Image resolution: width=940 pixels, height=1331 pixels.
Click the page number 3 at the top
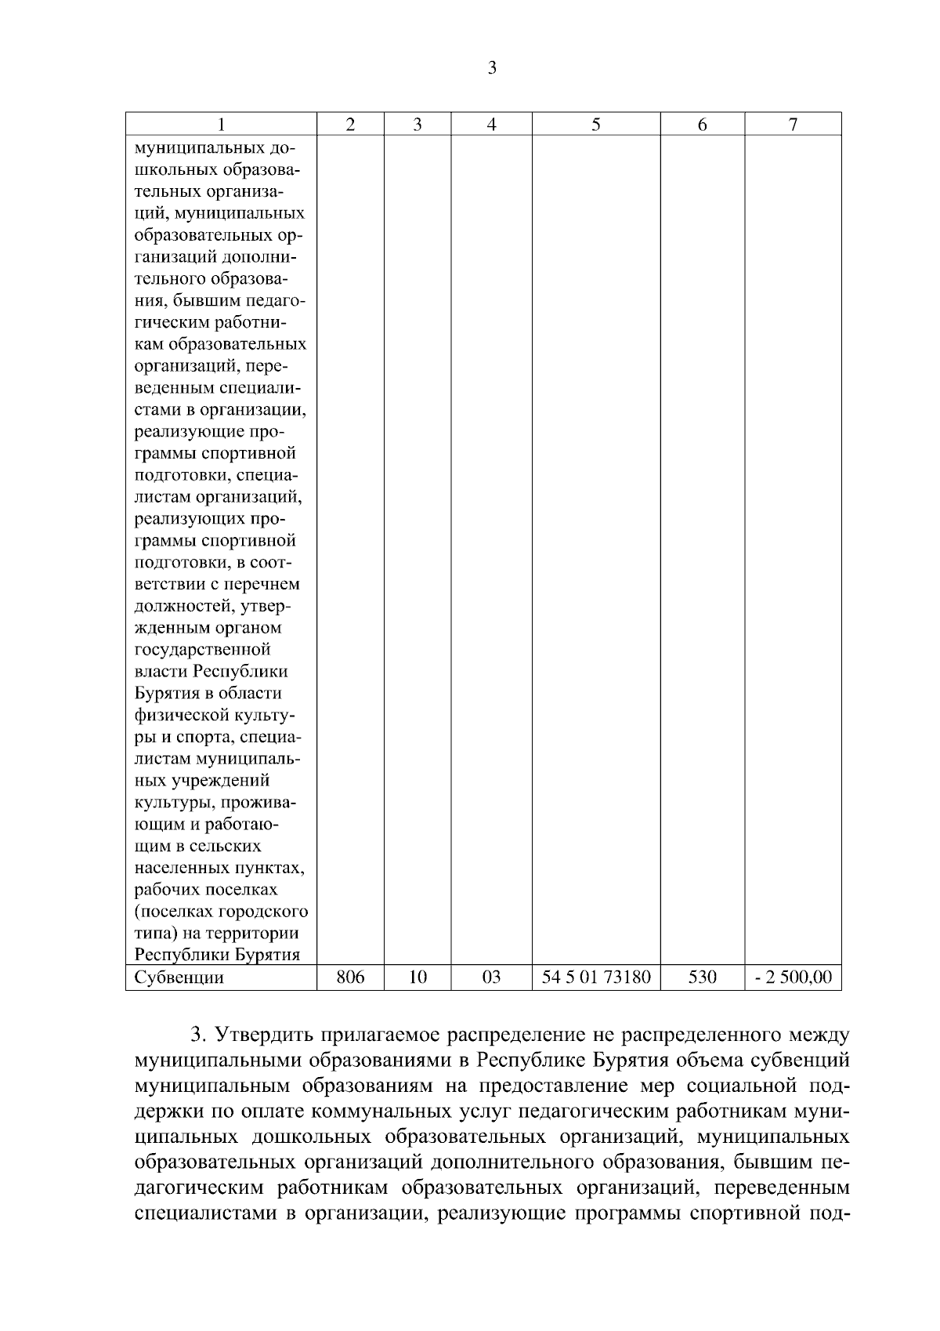tap(491, 68)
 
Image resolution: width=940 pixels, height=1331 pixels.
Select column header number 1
tap(221, 124)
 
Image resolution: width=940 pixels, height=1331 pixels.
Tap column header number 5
tap(596, 124)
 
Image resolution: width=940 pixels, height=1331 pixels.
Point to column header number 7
tap(793, 124)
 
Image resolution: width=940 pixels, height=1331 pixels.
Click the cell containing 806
tap(350, 977)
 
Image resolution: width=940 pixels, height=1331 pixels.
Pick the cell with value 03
tap(491, 977)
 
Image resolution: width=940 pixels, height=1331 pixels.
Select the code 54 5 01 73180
tap(596, 977)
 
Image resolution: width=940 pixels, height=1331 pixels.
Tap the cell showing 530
tap(702, 977)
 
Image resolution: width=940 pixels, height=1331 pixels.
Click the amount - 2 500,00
tap(793, 977)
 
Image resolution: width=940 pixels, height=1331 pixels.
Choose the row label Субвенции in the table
tap(179, 977)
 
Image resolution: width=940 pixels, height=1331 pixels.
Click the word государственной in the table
tap(203, 650)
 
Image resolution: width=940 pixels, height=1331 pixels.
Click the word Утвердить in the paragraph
tap(264, 1035)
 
